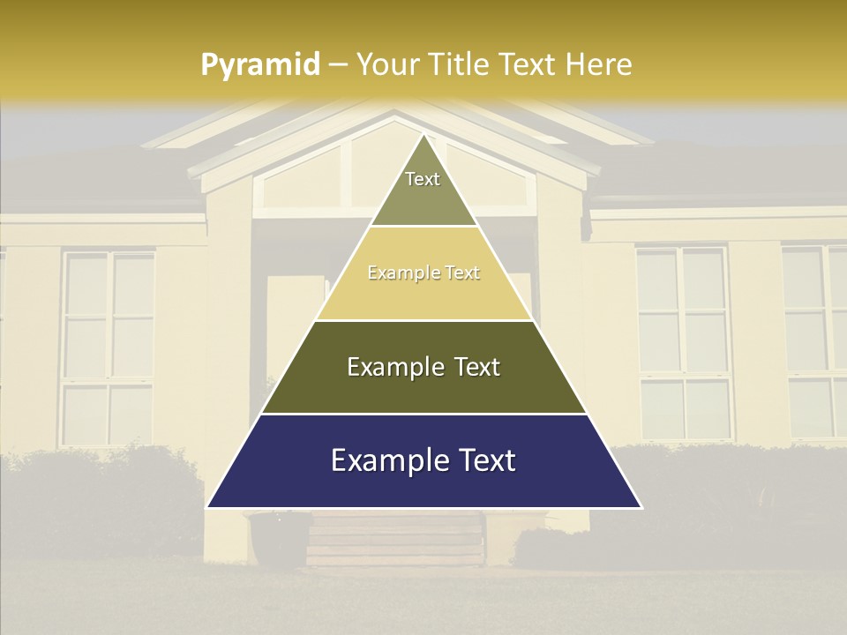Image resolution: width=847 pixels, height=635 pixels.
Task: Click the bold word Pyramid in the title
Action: (260, 64)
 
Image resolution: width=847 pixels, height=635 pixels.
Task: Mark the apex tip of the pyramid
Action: (424, 135)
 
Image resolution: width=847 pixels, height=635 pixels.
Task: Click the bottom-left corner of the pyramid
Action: (208, 507)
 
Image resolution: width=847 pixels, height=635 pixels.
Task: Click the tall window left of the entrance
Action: (109, 348)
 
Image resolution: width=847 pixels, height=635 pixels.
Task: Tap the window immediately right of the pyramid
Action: (683, 344)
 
